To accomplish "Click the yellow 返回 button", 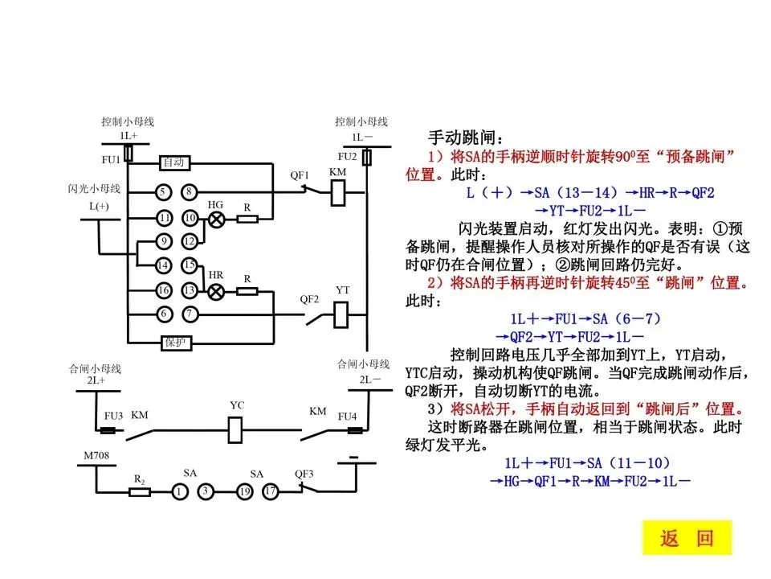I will pyautogui.click(x=687, y=538).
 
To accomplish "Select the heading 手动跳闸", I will pyautogui.click(x=466, y=137).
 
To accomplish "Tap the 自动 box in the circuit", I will pyautogui.click(x=174, y=162).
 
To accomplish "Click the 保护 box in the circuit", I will pyautogui.click(x=176, y=342).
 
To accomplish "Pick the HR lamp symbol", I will pyautogui.click(x=215, y=290).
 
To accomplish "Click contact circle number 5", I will pyautogui.click(x=163, y=192).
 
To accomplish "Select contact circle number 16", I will pyautogui.click(x=163, y=290).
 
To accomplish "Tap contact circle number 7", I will pyautogui.click(x=189, y=314).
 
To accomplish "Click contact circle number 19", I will pyautogui.click(x=244, y=491).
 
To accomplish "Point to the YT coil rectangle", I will pyautogui.click(x=341, y=314).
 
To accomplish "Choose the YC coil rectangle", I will pyautogui.click(x=237, y=431).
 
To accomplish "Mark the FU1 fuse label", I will pyautogui.click(x=110, y=159).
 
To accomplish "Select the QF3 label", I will pyautogui.click(x=304, y=474).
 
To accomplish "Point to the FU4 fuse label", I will pyautogui.click(x=346, y=417).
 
